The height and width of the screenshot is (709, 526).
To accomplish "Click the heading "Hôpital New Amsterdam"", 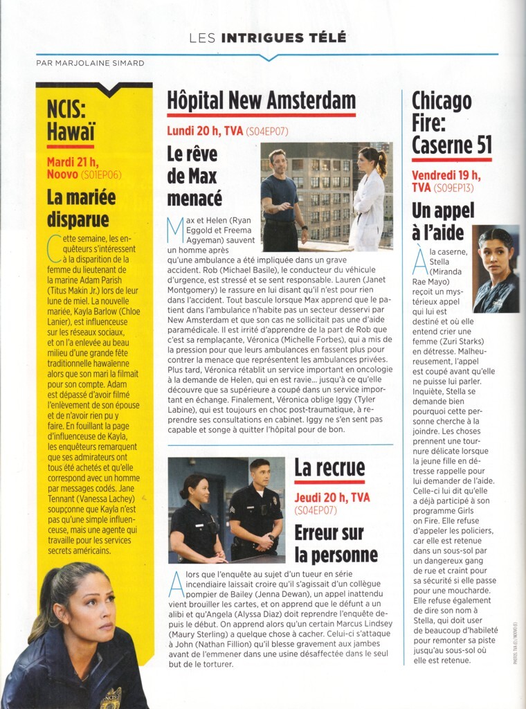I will (x=261, y=101).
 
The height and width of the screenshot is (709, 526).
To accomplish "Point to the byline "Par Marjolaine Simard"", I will (x=90, y=63).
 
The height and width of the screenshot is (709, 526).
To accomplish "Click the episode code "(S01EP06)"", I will (x=101, y=175).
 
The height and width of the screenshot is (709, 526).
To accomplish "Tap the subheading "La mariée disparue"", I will (x=78, y=209).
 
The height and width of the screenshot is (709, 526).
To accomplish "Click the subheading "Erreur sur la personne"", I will (x=336, y=544).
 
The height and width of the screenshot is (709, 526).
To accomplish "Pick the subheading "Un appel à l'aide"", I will (x=438, y=221).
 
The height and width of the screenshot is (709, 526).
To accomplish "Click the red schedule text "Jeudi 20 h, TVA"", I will (x=332, y=497).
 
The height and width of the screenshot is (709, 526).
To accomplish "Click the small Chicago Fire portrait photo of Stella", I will (x=496, y=269).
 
